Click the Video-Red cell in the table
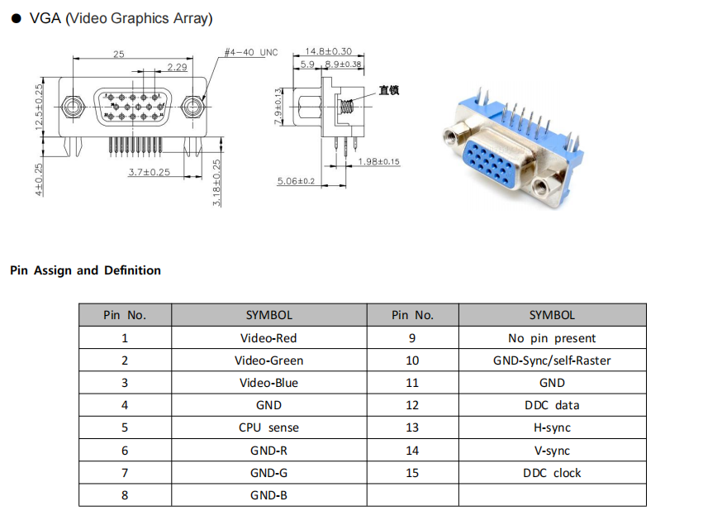[268, 338]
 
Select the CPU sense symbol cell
[268, 427]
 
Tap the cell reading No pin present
[552, 338]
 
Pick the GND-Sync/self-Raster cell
[552, 360]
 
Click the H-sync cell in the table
[552, 427]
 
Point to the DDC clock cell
[552, 473]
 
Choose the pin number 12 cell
[412, 405]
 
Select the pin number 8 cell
[125, 495]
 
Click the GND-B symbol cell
[268, 495]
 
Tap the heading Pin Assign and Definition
[85, 270]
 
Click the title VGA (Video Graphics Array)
[121, 18]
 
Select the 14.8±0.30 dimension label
[328, 51]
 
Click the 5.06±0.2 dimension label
[296, 180]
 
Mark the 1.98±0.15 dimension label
[378, 162]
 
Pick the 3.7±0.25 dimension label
[149, 172]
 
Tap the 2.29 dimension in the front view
[176, 66]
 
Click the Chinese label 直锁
[389, 90]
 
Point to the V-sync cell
[552, 451]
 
